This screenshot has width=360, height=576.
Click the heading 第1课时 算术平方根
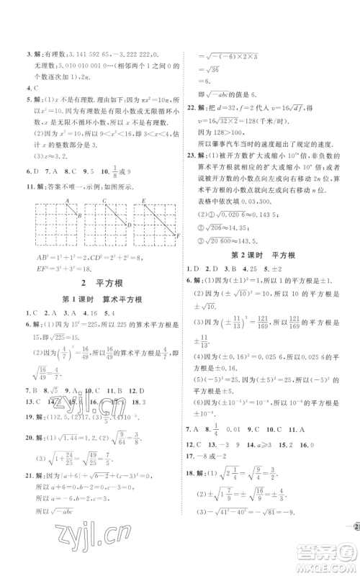(92, 303)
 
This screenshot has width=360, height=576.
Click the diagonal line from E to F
(160, 219)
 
